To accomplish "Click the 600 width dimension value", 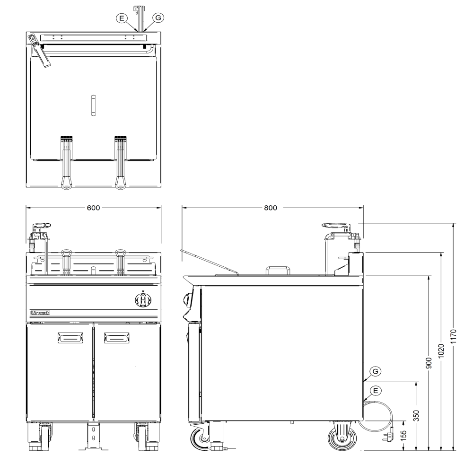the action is tap(93, 208).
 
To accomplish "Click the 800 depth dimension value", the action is tap(270, 208).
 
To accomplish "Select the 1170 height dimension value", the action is tap(454, 336).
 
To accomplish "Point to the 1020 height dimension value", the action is tap(441, 351).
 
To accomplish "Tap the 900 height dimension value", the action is tap(429, 363).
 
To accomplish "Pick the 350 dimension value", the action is tap(416, 415).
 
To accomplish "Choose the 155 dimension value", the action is tap(404, 435).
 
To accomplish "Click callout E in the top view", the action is tap(122, 18).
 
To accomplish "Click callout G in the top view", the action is tap(158, 18).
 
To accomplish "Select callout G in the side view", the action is tap(376, 371).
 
